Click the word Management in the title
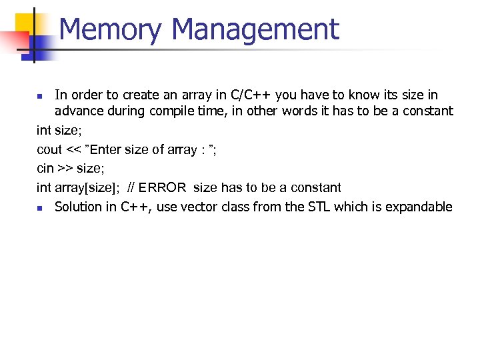[x=255, y=30]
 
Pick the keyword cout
[x=49, y=150]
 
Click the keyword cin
[x=45, y=169]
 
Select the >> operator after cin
[x=67, y=169]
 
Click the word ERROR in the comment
[x=163, y=187]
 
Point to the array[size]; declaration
[x=87, y=188]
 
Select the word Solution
[x=79, y=207]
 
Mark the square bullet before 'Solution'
[x=40, y=208]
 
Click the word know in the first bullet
[x=353, y=95]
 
